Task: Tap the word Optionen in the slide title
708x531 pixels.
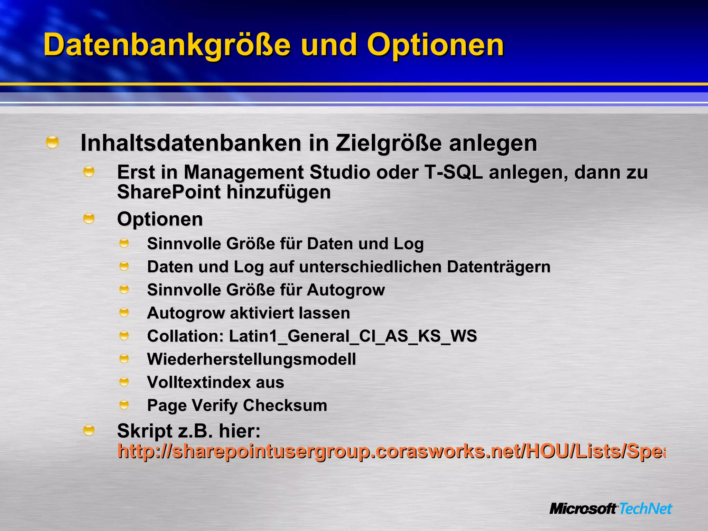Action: (435, 46)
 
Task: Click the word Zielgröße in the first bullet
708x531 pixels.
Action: (389, 143)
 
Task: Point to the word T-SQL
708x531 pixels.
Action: (453, 172)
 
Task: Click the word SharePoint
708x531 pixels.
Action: (169, 192)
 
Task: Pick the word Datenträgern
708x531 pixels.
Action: (499, 267)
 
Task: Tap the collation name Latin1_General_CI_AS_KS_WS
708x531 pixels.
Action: (353, 336)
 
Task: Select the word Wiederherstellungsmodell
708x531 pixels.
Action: (251, 359)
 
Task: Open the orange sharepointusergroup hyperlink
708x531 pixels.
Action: (391, 451)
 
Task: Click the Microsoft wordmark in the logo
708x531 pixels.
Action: (583, 509)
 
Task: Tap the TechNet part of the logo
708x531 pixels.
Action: (645, 509)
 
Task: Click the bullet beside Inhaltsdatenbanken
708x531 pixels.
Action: (52, 142)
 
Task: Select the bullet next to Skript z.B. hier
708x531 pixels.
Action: (89, 430)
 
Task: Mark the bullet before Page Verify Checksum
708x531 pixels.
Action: (124, 404)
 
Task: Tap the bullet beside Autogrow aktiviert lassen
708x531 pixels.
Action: (124, 313)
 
